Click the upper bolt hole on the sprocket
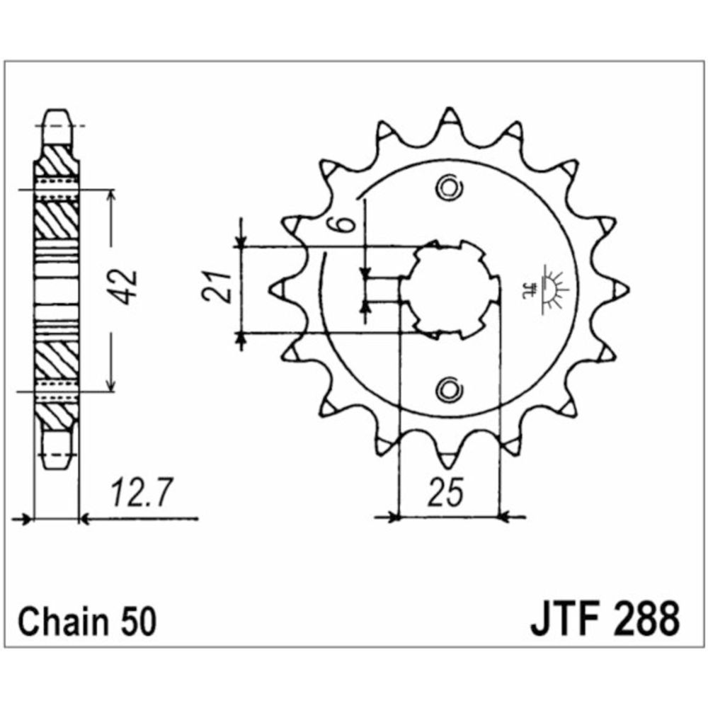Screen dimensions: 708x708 450,188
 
